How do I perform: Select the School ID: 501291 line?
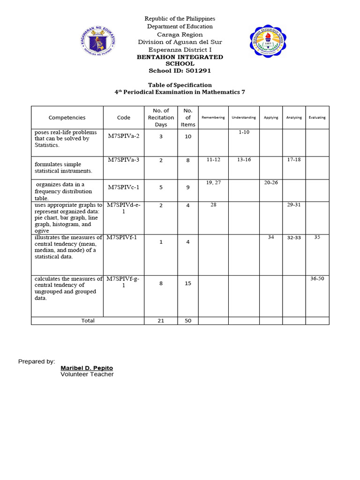[180, 71]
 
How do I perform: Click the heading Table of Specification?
[180, 85]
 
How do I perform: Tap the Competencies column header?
[67, 118]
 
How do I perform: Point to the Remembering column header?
[213, 118]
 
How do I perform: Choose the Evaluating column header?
[317, 118]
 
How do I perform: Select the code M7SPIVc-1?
[124, 187]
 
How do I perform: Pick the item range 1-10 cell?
[244, 133]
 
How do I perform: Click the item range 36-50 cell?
[317, 278]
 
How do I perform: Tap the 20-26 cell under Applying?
[271, 182]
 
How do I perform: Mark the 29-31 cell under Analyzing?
[294, 205]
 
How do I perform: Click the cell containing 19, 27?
[213, 182]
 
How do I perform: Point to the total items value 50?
[188, 321]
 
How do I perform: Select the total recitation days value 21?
[161, 321]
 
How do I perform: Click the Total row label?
[88, 321]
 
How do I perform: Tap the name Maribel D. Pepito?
[87, 368]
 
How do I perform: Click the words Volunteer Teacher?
[87, 375]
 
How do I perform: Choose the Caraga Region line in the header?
[180, 34]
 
